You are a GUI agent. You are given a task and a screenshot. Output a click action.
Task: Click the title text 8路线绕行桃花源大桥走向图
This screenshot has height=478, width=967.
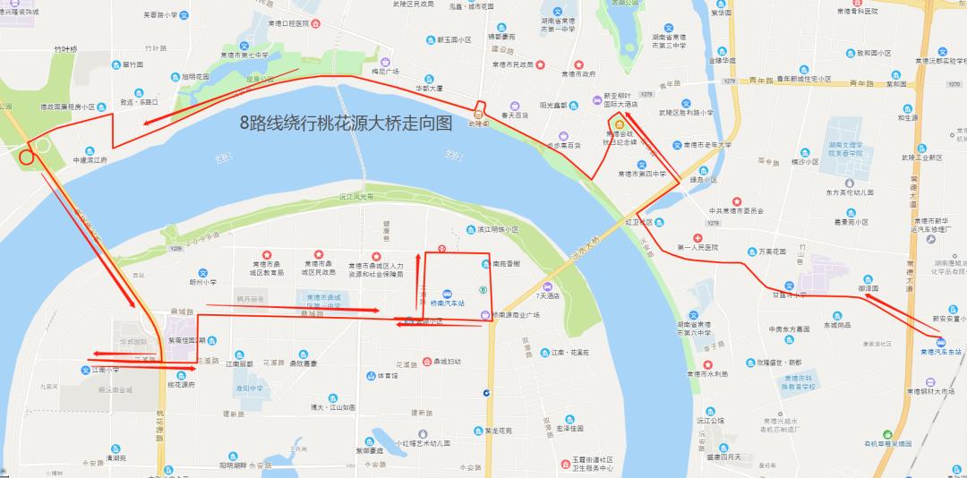[346, 124]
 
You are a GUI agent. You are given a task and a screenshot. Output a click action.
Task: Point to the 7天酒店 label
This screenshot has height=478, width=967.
[547, 295]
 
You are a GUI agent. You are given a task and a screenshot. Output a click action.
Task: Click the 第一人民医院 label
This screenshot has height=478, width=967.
[698, 246]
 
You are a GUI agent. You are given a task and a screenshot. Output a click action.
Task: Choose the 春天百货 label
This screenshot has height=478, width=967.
[518, 115]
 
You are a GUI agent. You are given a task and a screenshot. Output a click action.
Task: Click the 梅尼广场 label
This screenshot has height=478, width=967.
[385, 72]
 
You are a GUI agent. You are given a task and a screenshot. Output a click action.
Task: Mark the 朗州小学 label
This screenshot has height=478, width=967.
[202, 282]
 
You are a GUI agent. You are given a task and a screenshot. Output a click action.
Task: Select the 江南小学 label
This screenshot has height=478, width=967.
[106, 369]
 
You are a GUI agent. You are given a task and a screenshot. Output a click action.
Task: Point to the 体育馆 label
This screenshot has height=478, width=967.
[386, 376]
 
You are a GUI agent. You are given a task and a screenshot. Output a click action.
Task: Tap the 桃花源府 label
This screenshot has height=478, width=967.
[181, 384]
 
